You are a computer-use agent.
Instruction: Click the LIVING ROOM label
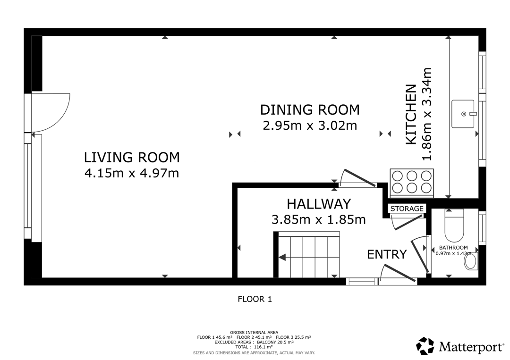(132, 158)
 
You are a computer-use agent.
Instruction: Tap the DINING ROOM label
(310, 110)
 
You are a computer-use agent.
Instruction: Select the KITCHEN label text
(411, 115)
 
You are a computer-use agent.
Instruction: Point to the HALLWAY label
(319, 204)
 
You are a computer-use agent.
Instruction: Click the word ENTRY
(387, 254)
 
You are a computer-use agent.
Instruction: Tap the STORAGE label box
(407, 209)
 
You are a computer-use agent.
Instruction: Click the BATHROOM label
(453, 248)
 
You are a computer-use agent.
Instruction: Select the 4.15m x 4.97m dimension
(132, 173)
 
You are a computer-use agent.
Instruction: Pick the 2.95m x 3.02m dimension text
(310, 126)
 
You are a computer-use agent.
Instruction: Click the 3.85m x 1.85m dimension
(319, 220)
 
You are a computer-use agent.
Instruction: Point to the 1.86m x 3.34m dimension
(426, 114)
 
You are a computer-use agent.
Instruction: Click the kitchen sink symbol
(463, 114)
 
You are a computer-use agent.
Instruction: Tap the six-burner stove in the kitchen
(412, 183)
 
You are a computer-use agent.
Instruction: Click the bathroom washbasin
(471, 261)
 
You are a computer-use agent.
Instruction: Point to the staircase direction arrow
(282, 258)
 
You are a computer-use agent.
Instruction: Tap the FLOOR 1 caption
(255, 299)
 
